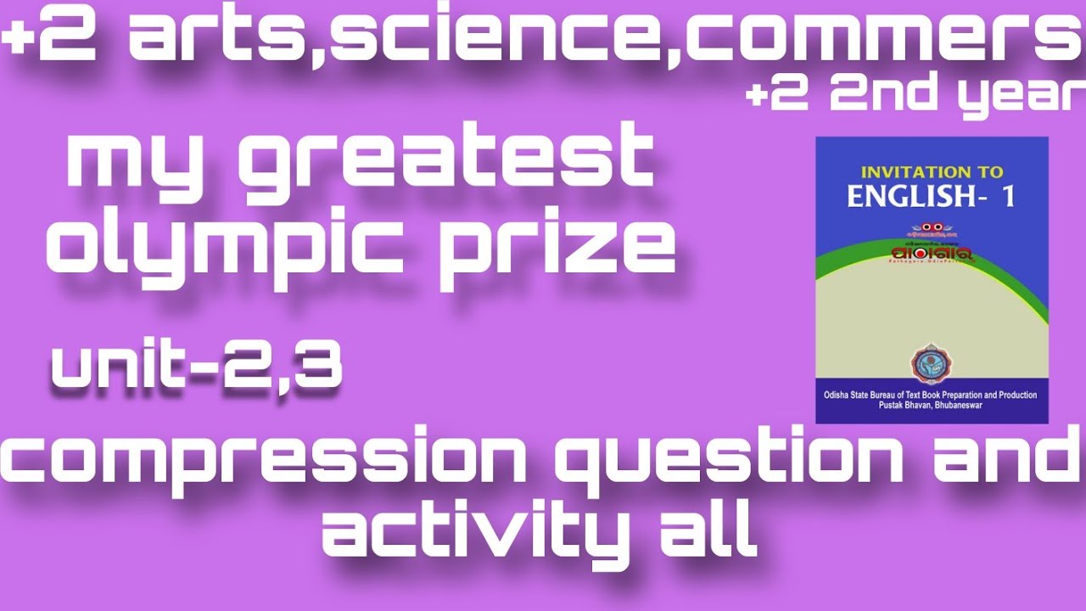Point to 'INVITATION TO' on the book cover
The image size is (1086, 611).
click(x=931, y=171)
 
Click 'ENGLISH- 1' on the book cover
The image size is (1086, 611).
click(x=931, y=197)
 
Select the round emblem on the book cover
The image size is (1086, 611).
click(x=931, y=364)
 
